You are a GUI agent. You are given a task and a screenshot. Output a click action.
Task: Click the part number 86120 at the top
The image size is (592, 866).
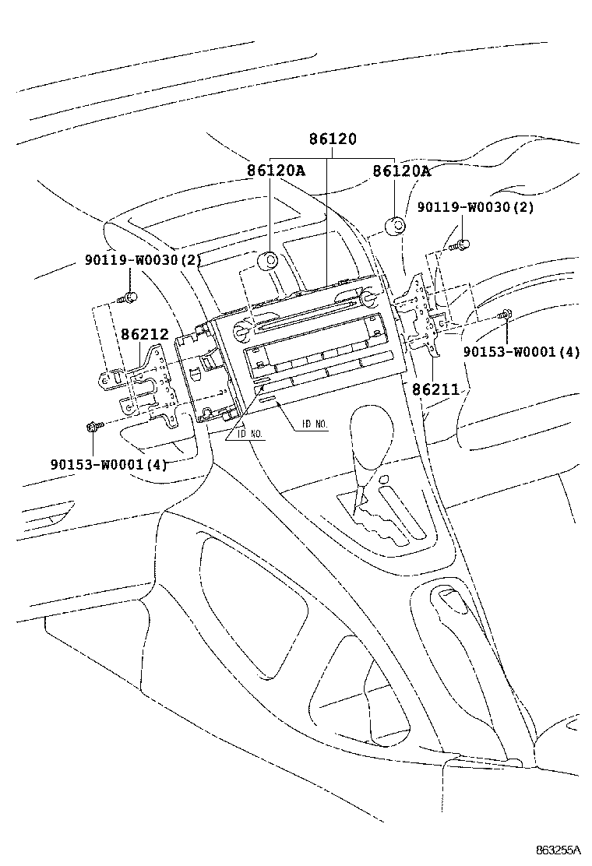(332, 139)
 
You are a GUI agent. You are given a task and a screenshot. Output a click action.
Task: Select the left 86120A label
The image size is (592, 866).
(276, 171)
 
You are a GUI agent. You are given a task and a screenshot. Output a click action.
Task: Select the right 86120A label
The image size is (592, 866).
(401, 171)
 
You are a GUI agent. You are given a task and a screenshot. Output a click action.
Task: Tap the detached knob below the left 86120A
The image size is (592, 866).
(270, 262)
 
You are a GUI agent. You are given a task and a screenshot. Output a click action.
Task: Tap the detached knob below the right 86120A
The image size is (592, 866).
(395, 227)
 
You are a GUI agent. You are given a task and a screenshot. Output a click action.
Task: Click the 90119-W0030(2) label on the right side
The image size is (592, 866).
(475, 207)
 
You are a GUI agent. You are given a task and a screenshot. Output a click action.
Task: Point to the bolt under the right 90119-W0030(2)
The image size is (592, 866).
(459, 246)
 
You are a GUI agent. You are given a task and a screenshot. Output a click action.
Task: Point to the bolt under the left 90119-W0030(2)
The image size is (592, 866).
(129, 297)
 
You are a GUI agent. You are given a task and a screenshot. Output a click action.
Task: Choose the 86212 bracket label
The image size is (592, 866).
(144, 335)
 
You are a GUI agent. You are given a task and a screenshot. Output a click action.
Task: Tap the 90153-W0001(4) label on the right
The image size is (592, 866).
(521, 351)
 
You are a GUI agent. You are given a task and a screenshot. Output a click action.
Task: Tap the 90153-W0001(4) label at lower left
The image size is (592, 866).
(108, 465)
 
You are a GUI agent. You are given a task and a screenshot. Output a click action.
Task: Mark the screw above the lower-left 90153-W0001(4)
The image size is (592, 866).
(93, 426)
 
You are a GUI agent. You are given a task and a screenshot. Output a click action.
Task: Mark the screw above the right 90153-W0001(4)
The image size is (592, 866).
(504, 315)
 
